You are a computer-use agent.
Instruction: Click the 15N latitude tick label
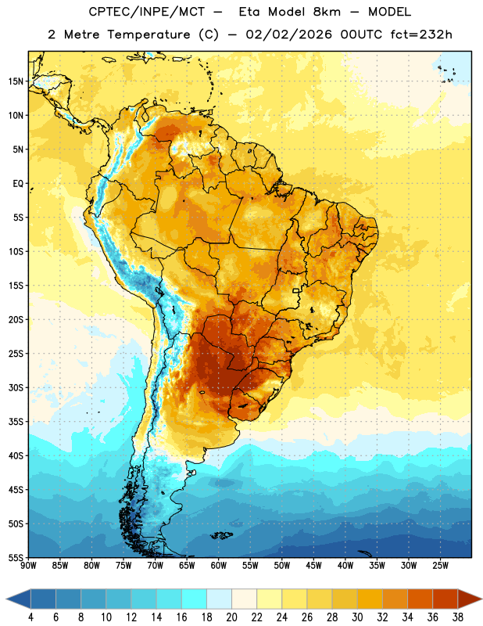16,81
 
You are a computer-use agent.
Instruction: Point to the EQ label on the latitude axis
18,184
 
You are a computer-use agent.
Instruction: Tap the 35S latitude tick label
16,422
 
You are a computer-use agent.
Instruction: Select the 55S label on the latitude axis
16,558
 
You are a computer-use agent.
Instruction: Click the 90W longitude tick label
28,566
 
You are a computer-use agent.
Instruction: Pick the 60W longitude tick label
219,566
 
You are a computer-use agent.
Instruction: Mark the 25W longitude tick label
440,566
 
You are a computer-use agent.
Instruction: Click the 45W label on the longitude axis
313,566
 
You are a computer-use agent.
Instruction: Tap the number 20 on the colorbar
231,617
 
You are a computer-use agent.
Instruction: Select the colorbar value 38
458,617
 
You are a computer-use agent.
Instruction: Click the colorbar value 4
30,617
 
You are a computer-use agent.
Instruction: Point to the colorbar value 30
357,617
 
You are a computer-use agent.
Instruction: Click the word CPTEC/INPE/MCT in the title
146,12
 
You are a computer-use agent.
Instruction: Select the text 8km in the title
327,12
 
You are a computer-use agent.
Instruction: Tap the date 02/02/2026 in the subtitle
288,34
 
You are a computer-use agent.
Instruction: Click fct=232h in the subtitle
421,34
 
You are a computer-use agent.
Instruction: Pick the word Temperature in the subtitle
148,34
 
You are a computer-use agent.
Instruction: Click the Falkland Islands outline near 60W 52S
221,535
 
